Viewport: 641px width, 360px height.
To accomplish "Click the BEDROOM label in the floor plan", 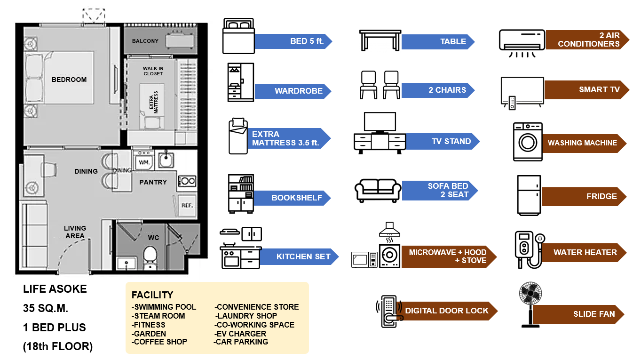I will [69, 80].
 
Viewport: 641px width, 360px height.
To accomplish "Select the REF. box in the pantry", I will [187, 205].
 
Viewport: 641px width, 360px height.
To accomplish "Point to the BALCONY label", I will [145, 41].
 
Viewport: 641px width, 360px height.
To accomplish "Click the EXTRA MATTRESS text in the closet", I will [154, 102].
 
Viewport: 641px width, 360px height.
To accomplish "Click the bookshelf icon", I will [241, 193].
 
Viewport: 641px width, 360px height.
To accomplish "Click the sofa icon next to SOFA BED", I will [378, 190].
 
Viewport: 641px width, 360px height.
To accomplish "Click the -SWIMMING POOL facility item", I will [164, 307].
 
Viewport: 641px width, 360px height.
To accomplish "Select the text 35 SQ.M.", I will [46, 308].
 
